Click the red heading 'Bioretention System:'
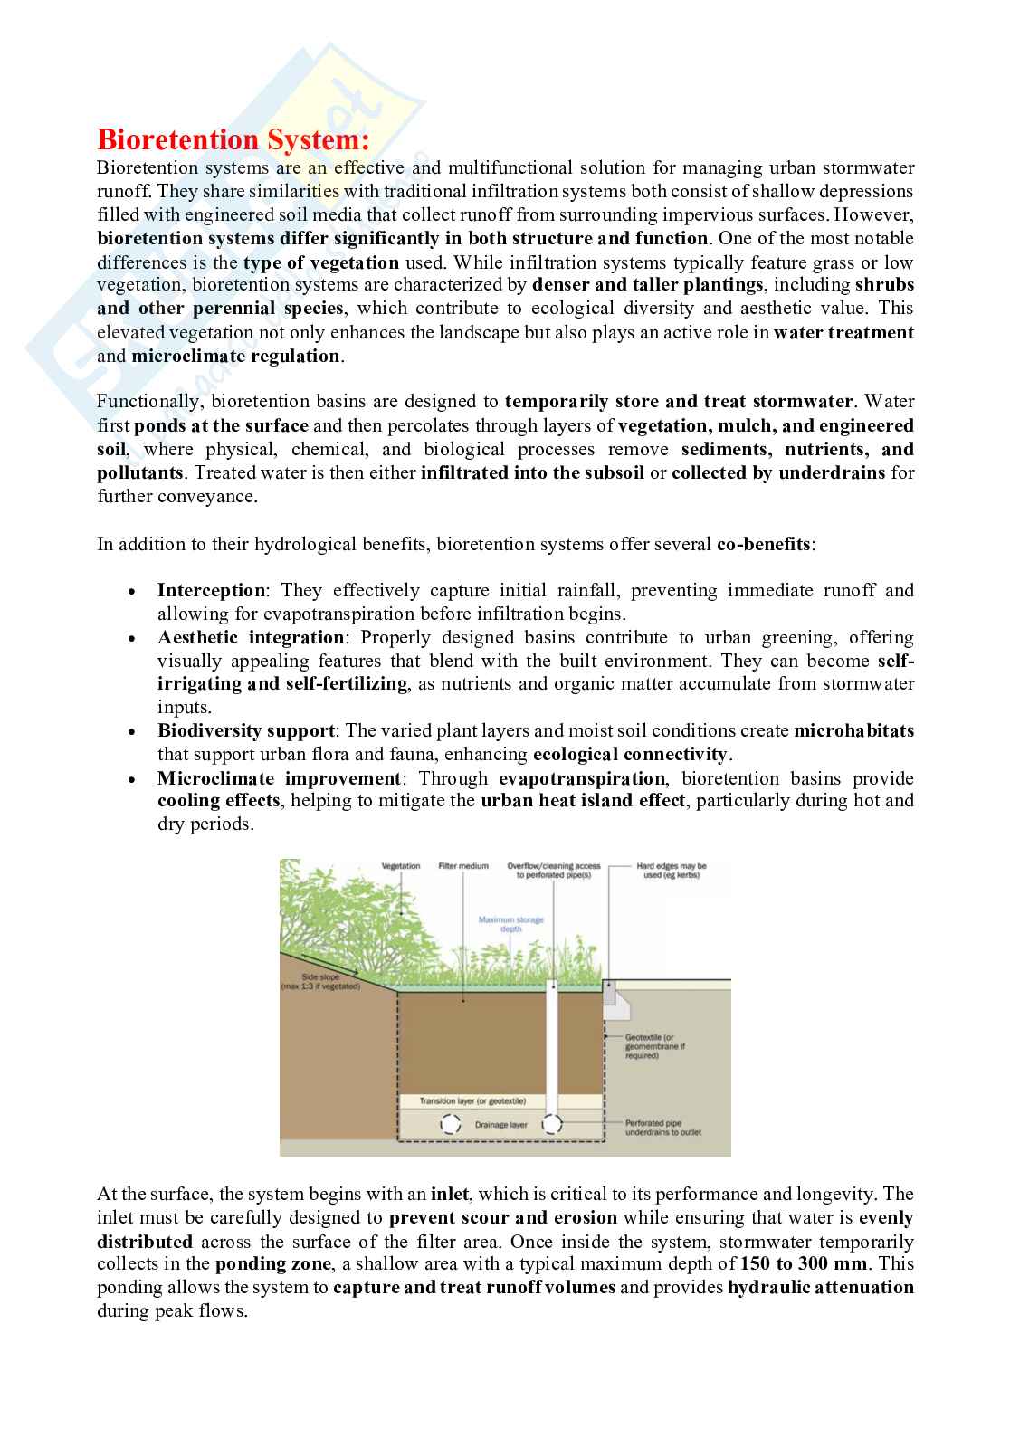point(233,140)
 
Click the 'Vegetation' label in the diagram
point(401,866)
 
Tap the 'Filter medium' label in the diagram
point(463,866)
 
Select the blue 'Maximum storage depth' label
point(511,924)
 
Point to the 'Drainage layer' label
point(500,1125)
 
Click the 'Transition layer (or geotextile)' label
point(472,1101)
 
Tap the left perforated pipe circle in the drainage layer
point(450,1125)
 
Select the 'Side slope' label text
point(320,981)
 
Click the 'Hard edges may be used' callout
point(671,871)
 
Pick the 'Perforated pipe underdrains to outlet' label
point(662,1128)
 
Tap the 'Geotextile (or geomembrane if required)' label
point(654,1046)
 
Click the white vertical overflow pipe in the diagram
point(551,1041)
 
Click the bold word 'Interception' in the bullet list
point(211,591)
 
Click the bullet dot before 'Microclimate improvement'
point(132,779)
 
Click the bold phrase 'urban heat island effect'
point(582,801)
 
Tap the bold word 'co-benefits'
point(764,545)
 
